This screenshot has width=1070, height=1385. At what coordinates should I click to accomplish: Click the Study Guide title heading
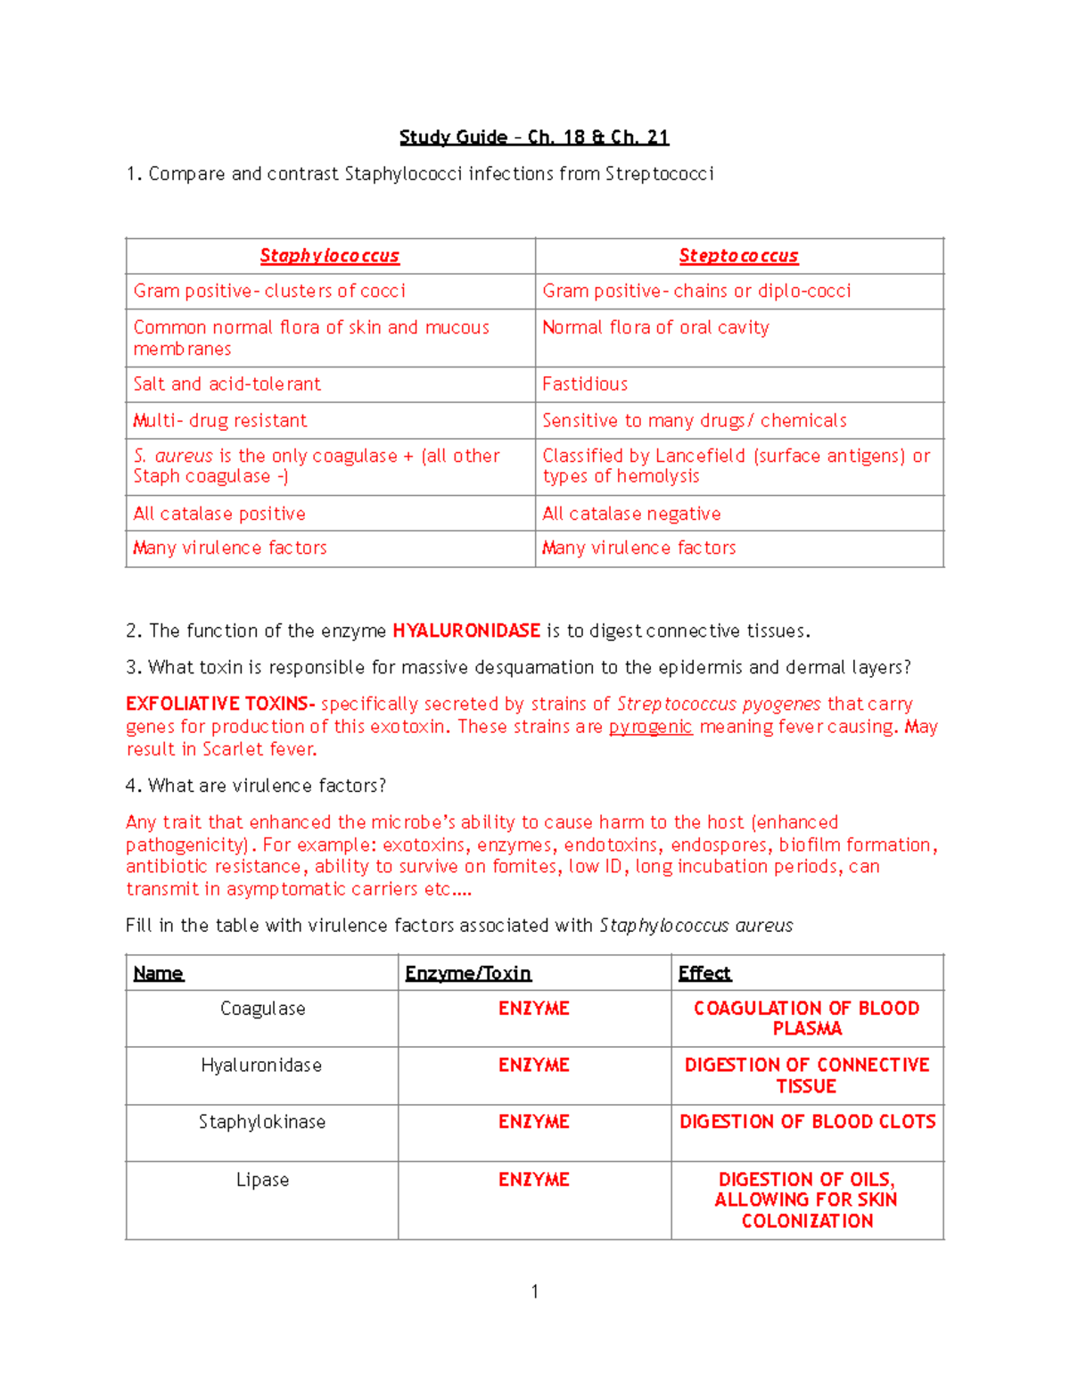coord(533,137)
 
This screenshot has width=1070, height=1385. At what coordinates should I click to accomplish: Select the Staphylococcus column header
coord(329,256)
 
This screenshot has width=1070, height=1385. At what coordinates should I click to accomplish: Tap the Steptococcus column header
coord(738,256)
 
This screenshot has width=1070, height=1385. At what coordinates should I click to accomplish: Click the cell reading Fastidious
coord(585,384)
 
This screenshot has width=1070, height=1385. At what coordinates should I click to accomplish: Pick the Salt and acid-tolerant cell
coord(226,384)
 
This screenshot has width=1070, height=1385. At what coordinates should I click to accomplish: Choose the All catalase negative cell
coord(631,514)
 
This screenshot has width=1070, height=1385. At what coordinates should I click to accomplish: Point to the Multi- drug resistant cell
coord(219,421)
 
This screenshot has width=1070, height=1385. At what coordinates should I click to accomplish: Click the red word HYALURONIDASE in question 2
coord(465,631)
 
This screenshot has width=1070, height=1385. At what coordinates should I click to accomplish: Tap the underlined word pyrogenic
coord(650,727)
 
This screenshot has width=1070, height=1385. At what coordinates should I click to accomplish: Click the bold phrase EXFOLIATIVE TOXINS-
coord(220,704)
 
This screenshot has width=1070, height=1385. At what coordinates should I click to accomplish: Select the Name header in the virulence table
coord(159,973)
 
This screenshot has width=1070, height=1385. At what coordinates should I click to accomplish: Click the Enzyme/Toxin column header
coord(468,973)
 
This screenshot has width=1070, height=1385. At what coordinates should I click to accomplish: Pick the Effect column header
coord(704,973)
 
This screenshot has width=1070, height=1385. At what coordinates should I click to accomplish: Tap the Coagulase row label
coord(262,1009)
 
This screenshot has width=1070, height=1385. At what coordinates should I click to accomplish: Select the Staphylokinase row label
coord(262,1122)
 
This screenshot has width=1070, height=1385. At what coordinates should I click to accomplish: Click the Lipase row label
coord(262,1180)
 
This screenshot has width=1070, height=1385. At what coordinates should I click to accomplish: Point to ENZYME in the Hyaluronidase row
coord(533,1066)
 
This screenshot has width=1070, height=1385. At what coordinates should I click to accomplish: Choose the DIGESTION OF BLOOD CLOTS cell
coord(807,1122)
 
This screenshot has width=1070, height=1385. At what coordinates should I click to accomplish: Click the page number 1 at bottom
coord(534,1291)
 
